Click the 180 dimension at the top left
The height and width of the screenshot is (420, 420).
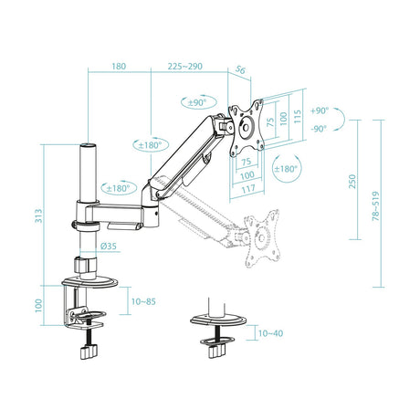119,67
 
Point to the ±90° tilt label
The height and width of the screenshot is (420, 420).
198,102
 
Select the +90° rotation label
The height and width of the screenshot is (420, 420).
319,110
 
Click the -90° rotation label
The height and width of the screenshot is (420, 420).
319,129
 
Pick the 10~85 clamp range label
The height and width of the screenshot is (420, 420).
142,300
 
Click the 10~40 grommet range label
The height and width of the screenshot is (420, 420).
271,333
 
